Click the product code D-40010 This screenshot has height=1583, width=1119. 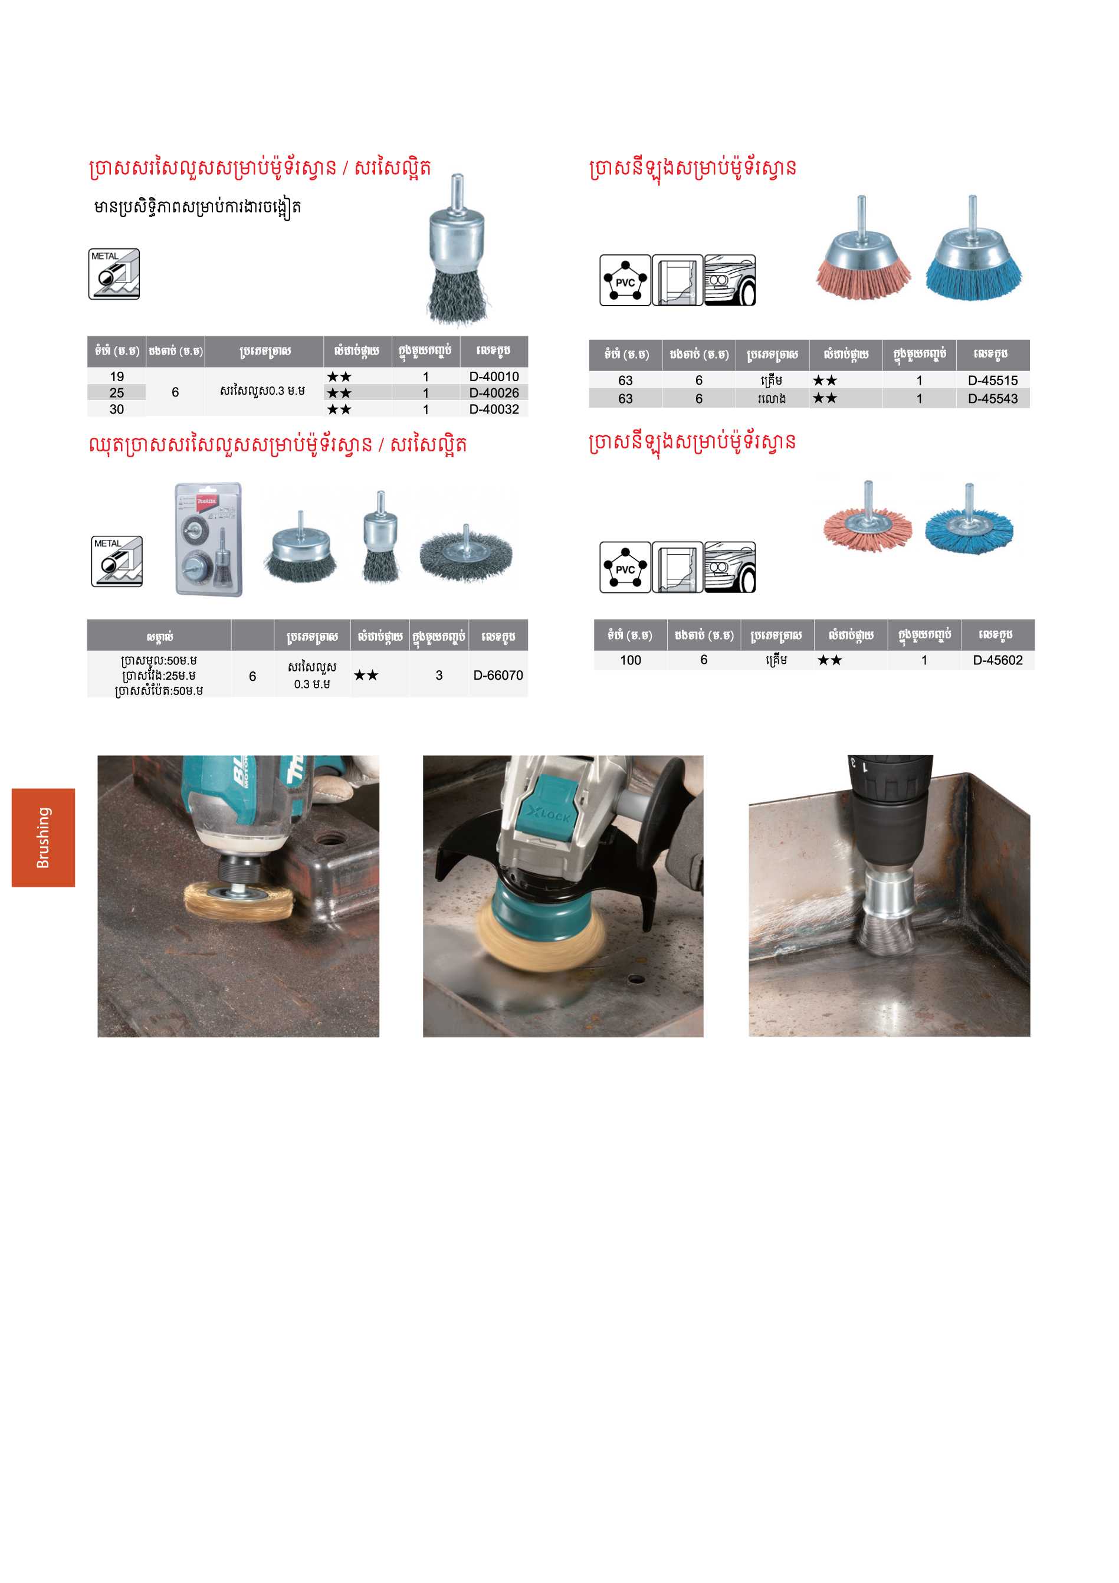pyautogui.click(x=494, y=376)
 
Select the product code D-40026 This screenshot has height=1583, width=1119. pyautogui.click(x=494, y=393)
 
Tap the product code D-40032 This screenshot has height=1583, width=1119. pyautogui.click(x=494, y=409)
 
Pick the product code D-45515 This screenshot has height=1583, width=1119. pyautogui.click(x=992, y=381)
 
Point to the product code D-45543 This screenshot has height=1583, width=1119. pyautogui.click(x=992, y=398)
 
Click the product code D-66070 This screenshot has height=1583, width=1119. pyautogui.click(x=498, y=676)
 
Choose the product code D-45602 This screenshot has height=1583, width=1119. pyautogui.click(x=997, y=660)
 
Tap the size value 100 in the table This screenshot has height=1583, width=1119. pyautogui.click(x=630, y=660)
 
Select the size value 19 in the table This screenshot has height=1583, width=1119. pyautogui.click(x=117, y=376)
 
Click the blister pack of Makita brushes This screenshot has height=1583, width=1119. pyautogui.click(x=209, y=539)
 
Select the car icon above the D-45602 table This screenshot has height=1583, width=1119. pyautogui.click(x=730, y=567)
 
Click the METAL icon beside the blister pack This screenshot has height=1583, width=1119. pyautogui.click(x=117, y=561)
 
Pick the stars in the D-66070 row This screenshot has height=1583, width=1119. pyautogui.click(x=366, y=676)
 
